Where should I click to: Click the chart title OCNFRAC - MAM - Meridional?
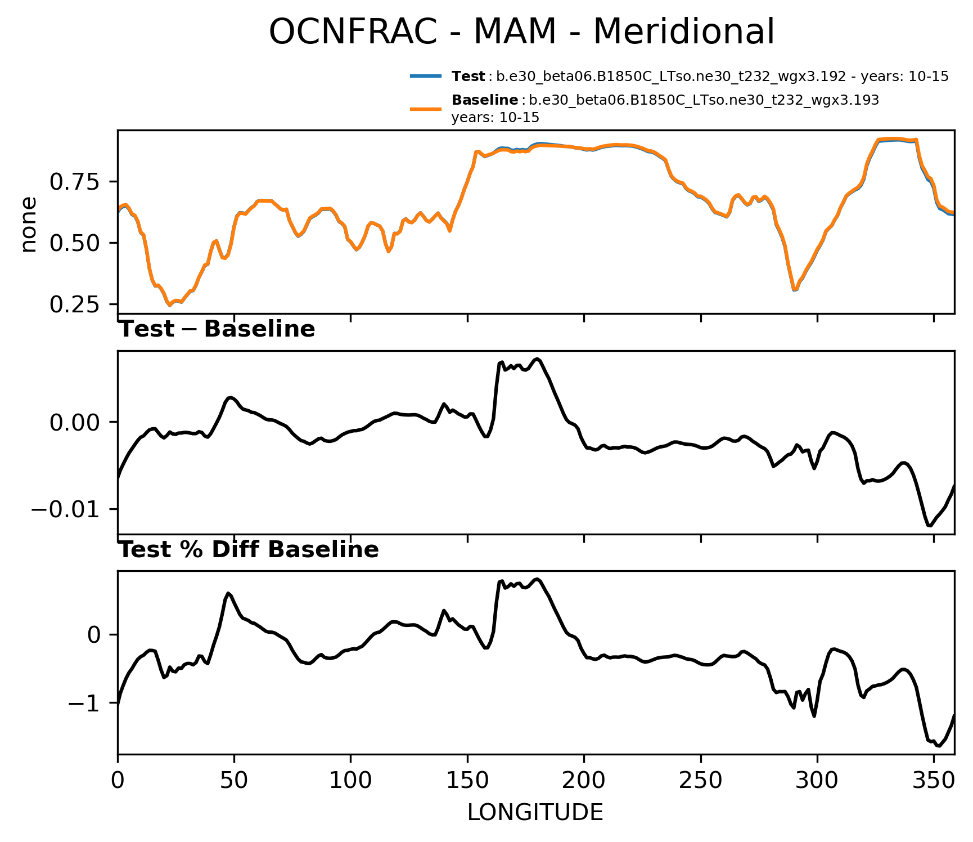click(x=521, y=32)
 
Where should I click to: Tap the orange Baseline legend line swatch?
click(x=425, y=109)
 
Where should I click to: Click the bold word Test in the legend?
click(x=468, y=77)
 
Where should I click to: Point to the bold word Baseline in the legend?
click(x=485, y=100)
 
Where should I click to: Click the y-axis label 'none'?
click(x=28, y=225)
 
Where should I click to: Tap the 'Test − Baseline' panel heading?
click(x=217, y=329)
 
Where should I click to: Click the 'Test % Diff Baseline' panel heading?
click(x=249, y=550)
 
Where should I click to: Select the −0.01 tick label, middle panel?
click(x=67, y=509)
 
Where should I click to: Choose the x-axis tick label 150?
click(x=467, y=780)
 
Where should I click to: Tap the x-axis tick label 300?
click(x=817, y=780)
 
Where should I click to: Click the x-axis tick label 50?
click(x=234, y=780)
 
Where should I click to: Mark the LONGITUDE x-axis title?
click(x=535, y=812)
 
